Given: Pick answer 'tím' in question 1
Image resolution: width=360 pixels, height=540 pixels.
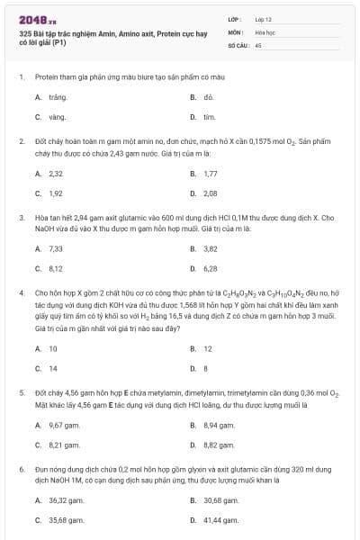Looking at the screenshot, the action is [209, 117].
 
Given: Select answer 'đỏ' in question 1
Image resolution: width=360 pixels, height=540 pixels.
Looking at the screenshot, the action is [208, 96].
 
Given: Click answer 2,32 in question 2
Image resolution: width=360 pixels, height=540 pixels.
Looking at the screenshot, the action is [56, 173].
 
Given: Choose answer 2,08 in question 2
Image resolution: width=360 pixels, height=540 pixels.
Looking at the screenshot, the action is [211, 193].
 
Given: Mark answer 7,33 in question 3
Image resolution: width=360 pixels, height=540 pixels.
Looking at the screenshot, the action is [56, 248].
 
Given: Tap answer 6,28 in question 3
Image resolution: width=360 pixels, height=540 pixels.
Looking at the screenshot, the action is [211, 268].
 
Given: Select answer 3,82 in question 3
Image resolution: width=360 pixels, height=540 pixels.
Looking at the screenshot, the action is [211, 248].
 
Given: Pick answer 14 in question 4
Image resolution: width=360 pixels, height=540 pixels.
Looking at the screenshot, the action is [53, 368].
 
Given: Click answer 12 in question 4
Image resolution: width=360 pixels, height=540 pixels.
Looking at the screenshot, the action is [208, 348].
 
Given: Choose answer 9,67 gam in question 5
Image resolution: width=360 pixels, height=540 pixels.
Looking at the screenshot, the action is [65, 425].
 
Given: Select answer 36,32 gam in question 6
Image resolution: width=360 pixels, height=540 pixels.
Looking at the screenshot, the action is [67, 499].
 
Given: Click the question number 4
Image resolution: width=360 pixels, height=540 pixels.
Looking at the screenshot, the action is [21, 292].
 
